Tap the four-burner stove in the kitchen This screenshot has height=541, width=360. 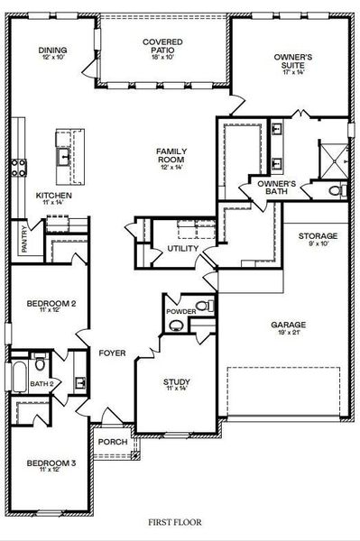coord(18,166)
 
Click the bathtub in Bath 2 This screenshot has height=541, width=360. coord(19,374)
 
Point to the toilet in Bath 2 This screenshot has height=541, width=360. coord(40,364)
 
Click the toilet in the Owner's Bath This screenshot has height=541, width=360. coord(335,191)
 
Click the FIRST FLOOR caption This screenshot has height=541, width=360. coord(180,522)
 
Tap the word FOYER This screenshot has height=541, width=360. coord(112,353)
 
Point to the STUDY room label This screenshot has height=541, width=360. coord(176,381)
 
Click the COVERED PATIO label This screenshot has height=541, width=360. coord(163,47)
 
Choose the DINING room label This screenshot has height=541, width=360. coord(52,50)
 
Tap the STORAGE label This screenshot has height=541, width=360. coord(318,236)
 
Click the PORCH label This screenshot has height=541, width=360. coord(113,442)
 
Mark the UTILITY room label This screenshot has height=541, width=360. coord(183,248)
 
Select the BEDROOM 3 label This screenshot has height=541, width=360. coord(49,463)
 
